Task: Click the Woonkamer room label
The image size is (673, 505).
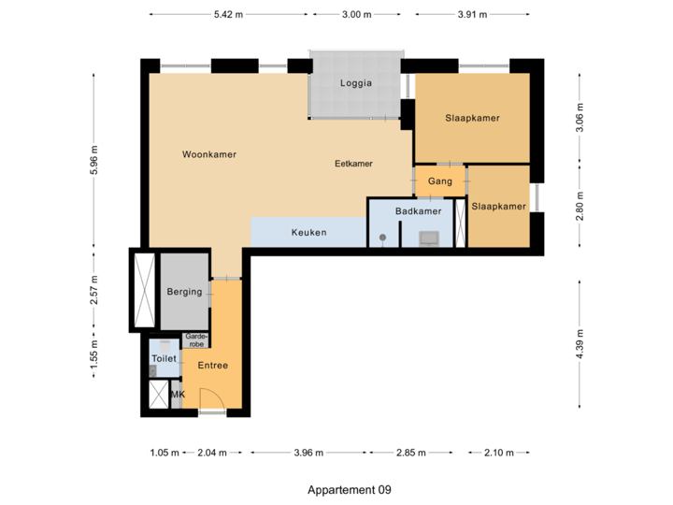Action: [209, 154]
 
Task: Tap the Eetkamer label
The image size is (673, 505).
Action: [353, 163]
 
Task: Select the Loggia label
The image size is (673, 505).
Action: [355, 83]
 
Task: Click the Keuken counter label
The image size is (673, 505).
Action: [308, 232]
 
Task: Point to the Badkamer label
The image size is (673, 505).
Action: [418, 211]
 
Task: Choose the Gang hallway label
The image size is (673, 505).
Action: [439, 180]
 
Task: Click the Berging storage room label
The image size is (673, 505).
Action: [184, 292]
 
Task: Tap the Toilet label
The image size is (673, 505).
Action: [164, 357]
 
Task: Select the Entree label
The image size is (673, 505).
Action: [212, 365]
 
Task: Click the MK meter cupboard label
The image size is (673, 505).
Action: [178, 395]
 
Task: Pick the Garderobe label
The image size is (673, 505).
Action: [196, 339]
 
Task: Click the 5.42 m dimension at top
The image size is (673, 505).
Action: [228, 15]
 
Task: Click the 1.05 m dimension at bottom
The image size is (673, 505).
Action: [163, 453]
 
